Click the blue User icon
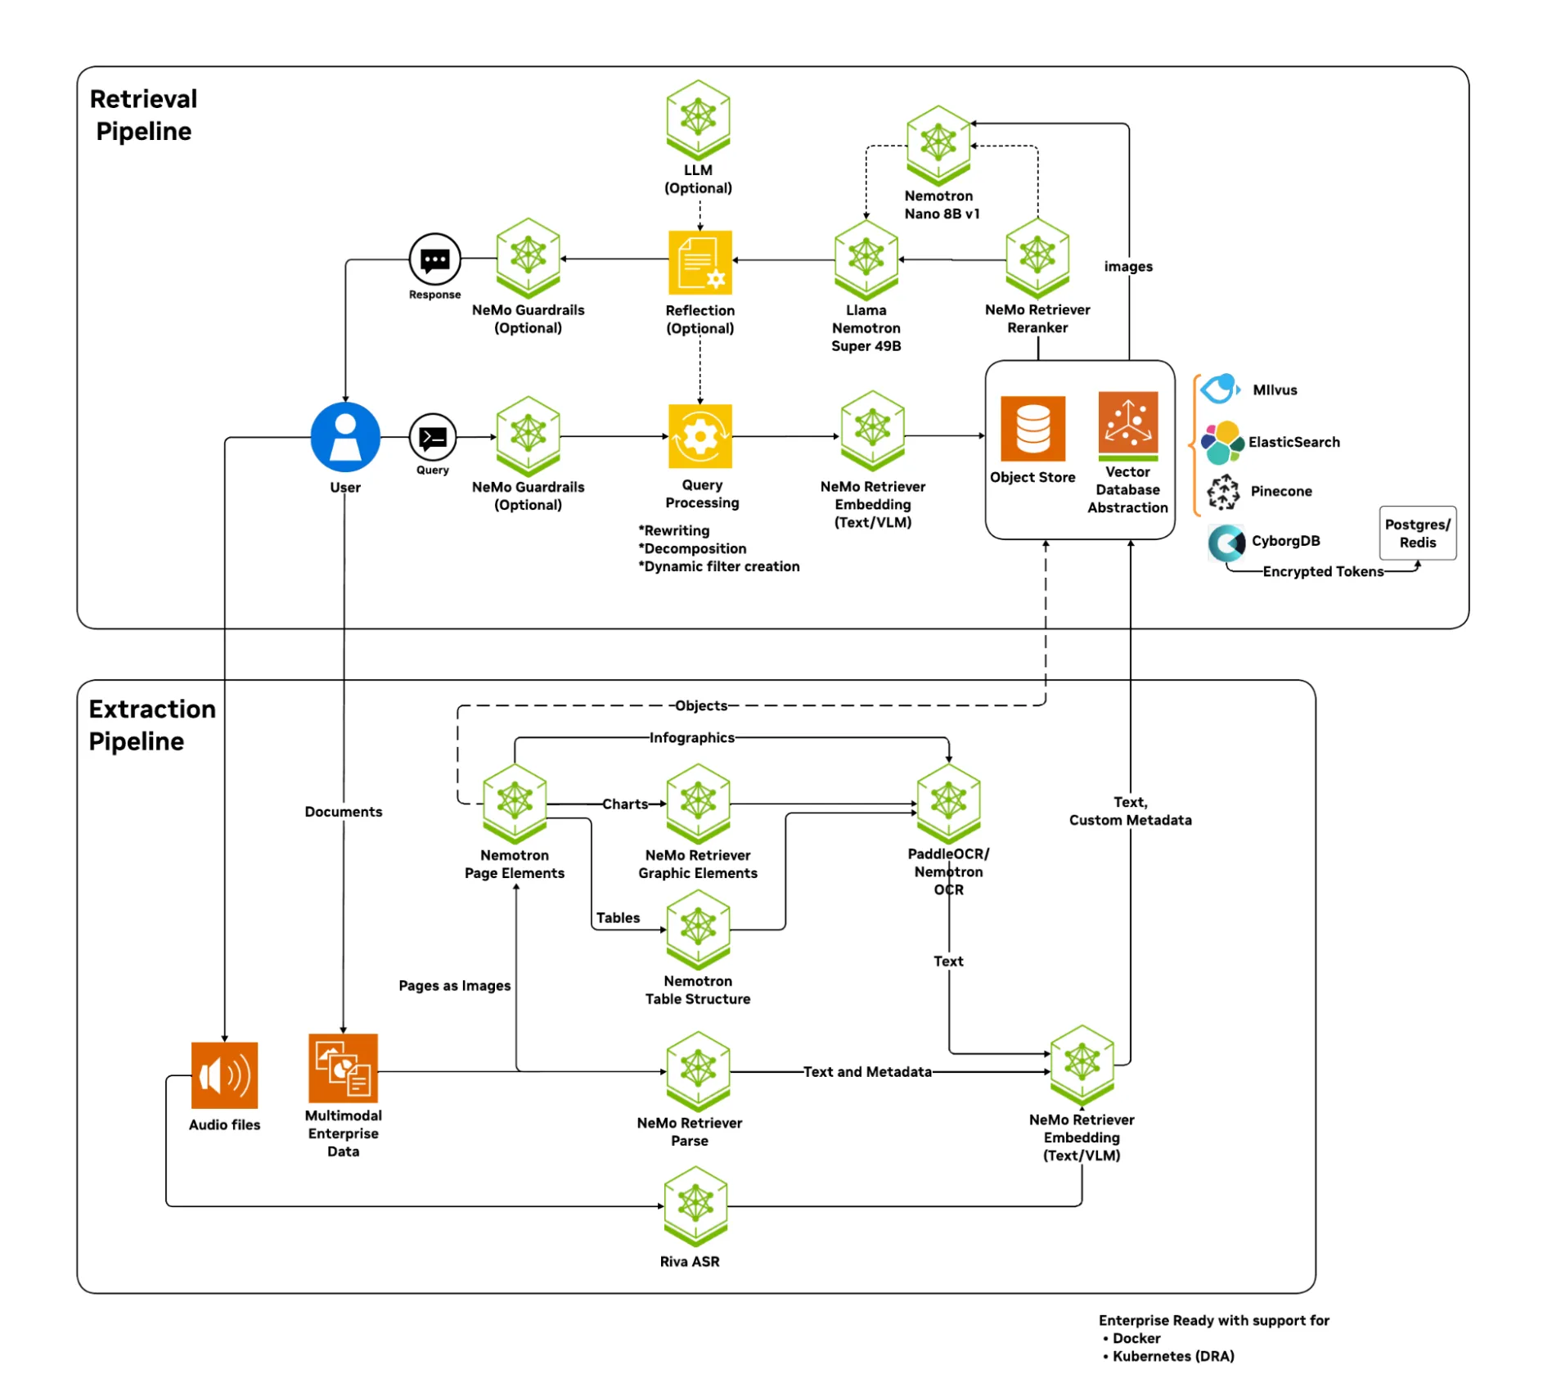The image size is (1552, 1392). (x=345, y=437)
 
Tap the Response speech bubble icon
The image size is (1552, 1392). (x=434, y=259)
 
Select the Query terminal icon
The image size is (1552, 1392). (x=432, y=437)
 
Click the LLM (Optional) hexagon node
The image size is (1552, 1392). (x=698, y=118)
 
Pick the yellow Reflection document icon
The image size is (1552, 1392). (x=700, y=262)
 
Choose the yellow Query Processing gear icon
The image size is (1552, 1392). (x=700, y=436)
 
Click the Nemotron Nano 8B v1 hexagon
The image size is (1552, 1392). (x=938, y=144)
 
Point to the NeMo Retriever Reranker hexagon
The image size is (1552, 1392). (x=1037, y=255)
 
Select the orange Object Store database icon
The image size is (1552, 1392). (x=1032, y=429)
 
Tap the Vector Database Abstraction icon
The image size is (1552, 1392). (x=1127, y=425)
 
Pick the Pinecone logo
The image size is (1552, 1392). (x=1223, y=491)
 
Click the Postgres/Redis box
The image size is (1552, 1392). (x=1417, y=534)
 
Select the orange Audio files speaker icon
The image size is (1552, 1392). (x=224, y=1075)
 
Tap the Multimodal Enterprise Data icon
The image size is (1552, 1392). (x=343, y=1069)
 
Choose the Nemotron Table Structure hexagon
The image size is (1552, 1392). (x=698, y=928)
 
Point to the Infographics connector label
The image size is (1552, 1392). (x=691, y=737)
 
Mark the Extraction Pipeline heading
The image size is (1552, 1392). (x=151, y=724)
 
